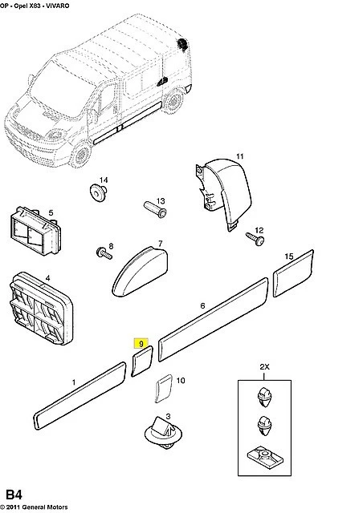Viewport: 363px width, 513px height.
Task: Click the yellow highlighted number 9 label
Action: pos(141,344)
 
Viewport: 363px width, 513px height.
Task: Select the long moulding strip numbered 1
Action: pos(80,395)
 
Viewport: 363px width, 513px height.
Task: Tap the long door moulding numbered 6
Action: pos(213,319)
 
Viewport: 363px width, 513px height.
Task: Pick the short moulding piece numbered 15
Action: pos(293,273)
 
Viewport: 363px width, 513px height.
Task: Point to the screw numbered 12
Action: pos(255,239)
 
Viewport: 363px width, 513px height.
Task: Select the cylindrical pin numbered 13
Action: pos(156,209)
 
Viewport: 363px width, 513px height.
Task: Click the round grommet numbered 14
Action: pos(98,192)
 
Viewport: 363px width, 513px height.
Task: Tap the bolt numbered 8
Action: pos(104,253)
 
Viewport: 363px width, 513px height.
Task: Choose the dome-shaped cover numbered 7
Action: pos(140,273)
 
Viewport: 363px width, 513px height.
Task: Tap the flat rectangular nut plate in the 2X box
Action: pos(265,455)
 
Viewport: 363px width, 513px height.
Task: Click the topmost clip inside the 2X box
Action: pos(264,397)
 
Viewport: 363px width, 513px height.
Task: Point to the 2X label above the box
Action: pos(264,367)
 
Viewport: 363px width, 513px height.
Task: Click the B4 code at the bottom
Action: pos(14,495)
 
